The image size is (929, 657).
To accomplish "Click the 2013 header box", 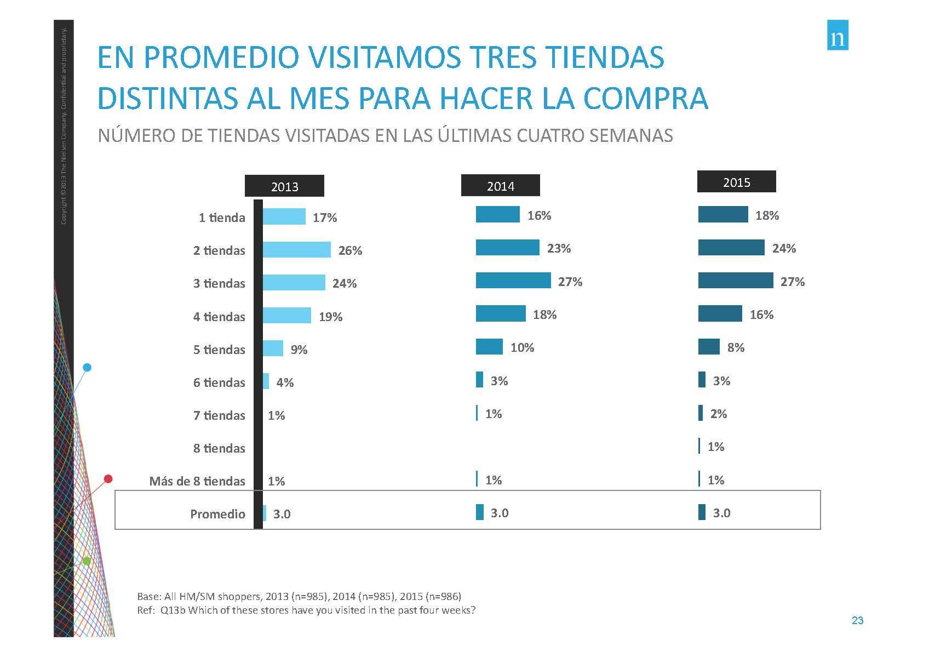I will click(284, 186).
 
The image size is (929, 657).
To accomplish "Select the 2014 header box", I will click(500, 186).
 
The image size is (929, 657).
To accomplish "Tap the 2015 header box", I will click(736, 182).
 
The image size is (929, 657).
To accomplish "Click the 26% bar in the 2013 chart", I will click(296, 250).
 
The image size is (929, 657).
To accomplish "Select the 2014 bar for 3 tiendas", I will click(513, 281).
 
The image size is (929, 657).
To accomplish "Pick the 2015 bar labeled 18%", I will click(722, 215).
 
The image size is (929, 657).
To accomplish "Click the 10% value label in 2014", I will click(522, 347).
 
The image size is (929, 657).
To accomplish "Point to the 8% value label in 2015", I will click(736, 347).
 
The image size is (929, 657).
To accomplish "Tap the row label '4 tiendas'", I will click(219, 317).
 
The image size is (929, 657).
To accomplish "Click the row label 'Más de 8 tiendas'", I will click(197, 481).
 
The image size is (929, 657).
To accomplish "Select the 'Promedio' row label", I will click(217, 514).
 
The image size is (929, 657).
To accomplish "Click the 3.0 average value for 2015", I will click(721, 513).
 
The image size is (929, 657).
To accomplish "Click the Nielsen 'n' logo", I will click(837, 35).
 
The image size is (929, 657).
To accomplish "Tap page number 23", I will click(857, 621).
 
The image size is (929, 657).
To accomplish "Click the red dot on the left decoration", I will click(108, 479).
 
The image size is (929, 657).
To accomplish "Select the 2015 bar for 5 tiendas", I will click(709, 347).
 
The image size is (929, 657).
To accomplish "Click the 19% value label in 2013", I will click(330, 317).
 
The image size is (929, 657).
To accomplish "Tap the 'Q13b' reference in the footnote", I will click(173, 610).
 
